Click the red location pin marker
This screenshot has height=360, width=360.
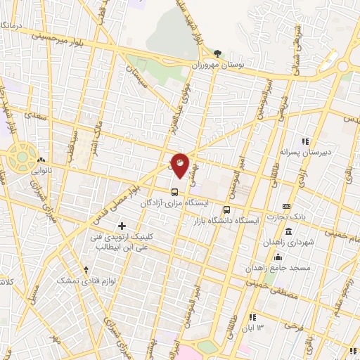click(x=180, y=166)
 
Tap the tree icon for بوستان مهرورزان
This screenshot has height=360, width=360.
click(x=217, y=53)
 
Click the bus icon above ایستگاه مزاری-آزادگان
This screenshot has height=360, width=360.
click(x=174, y=191)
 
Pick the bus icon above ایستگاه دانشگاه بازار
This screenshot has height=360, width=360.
click(x=226, y=209)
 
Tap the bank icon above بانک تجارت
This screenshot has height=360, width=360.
click(x=286, y=206)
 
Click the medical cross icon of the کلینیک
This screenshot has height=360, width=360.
click(x=122, y=226)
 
